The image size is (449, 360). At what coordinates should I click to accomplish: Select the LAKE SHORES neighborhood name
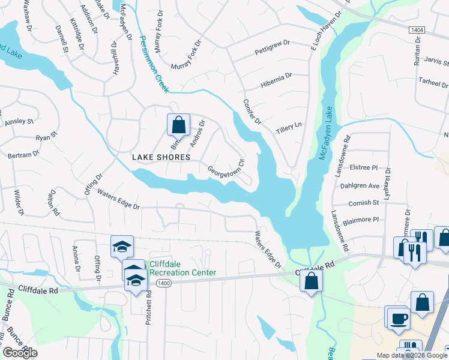[x=161, y=157]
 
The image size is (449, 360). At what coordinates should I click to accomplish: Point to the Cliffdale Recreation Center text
[x=182, y=268]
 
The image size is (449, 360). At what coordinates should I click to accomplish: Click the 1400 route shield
[x=162, y=283]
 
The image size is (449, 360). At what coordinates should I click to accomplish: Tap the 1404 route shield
[x=417, y=29]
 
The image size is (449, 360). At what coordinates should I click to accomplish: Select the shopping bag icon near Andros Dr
[x=178, y=126]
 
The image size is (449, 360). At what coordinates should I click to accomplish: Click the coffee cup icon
[x=398, y=317]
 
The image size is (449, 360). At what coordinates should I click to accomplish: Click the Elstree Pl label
[x=366, y=169]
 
